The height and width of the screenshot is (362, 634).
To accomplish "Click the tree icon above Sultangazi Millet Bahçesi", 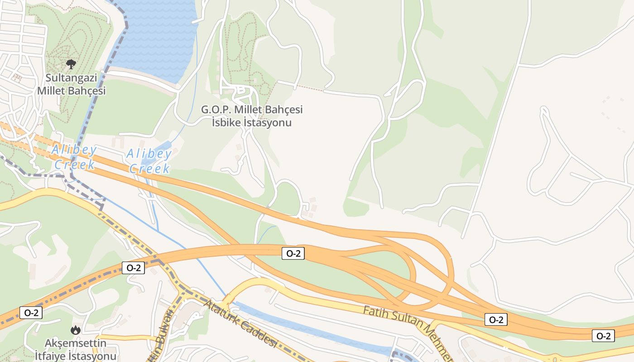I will click(x=71, y=64).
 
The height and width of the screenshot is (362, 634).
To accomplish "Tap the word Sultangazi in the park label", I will click(x=72, y=78).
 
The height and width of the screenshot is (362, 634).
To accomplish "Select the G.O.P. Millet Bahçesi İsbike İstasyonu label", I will click(x=252, y=116).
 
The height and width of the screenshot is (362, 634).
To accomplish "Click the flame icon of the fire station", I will click(x=76, y=330).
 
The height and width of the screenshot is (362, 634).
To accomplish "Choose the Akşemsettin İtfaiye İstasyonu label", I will click(x=76, y=349).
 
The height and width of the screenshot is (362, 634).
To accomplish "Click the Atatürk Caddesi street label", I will click(x=240, y=325).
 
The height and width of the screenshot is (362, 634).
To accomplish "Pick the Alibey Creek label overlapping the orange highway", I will click(x=74, y=157).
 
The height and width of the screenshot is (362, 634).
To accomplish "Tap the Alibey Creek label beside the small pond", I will click(x=149, y=161).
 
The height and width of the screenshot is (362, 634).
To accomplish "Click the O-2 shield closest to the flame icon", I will click(x=31, y=312).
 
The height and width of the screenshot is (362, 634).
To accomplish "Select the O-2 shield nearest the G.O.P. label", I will click(x=293, y=253).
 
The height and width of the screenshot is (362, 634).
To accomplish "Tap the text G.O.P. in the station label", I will click(x=216, y=110).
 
